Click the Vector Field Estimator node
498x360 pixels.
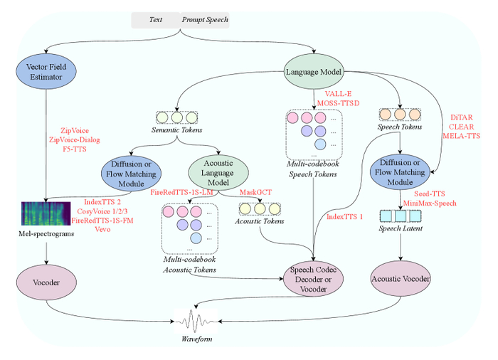pyautogui.click(x=46, y=71)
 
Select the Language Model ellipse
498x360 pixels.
pyautogui.click(x=314, y=71)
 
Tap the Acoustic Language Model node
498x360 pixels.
pyautogui.click(x=218, y=173)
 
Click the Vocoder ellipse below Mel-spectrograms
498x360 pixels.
pyautogui.click(x=46, y=282)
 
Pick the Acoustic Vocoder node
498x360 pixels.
pyautogui.click(x=401, y=279)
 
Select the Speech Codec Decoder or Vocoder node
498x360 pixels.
pyautogui.click(x=314, y=279)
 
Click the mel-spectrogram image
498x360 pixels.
pyautogui.click(x=46, y=213)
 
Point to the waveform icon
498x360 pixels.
pyautogui.click(x=196, y=321)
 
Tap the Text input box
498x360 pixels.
pyautogui.click(x=156, y=20)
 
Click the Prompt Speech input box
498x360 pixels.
pyautogui.click(x=205, y=20)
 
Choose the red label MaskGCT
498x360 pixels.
pyautogui.click(x=255, y=192)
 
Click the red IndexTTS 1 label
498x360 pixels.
pyautogui.click(x=344, y=217)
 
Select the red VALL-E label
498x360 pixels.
pyautogui.click(x=338, y=94)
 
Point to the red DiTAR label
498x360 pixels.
pyautogui.click(x=462, y=117)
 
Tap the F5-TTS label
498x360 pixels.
pyautogui.click(x=75, y=149)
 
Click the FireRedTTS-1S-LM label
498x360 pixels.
pyautogui.click(x=181, y=192)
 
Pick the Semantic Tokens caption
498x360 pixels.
pyautogui.click(x=176, y=130)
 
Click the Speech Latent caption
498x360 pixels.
pyautogui.click(x=401, y=228)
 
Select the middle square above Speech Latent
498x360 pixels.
pyautogui.click(x=401, y=216)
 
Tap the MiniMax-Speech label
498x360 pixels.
pyautogui.click(x=430, y=203)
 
